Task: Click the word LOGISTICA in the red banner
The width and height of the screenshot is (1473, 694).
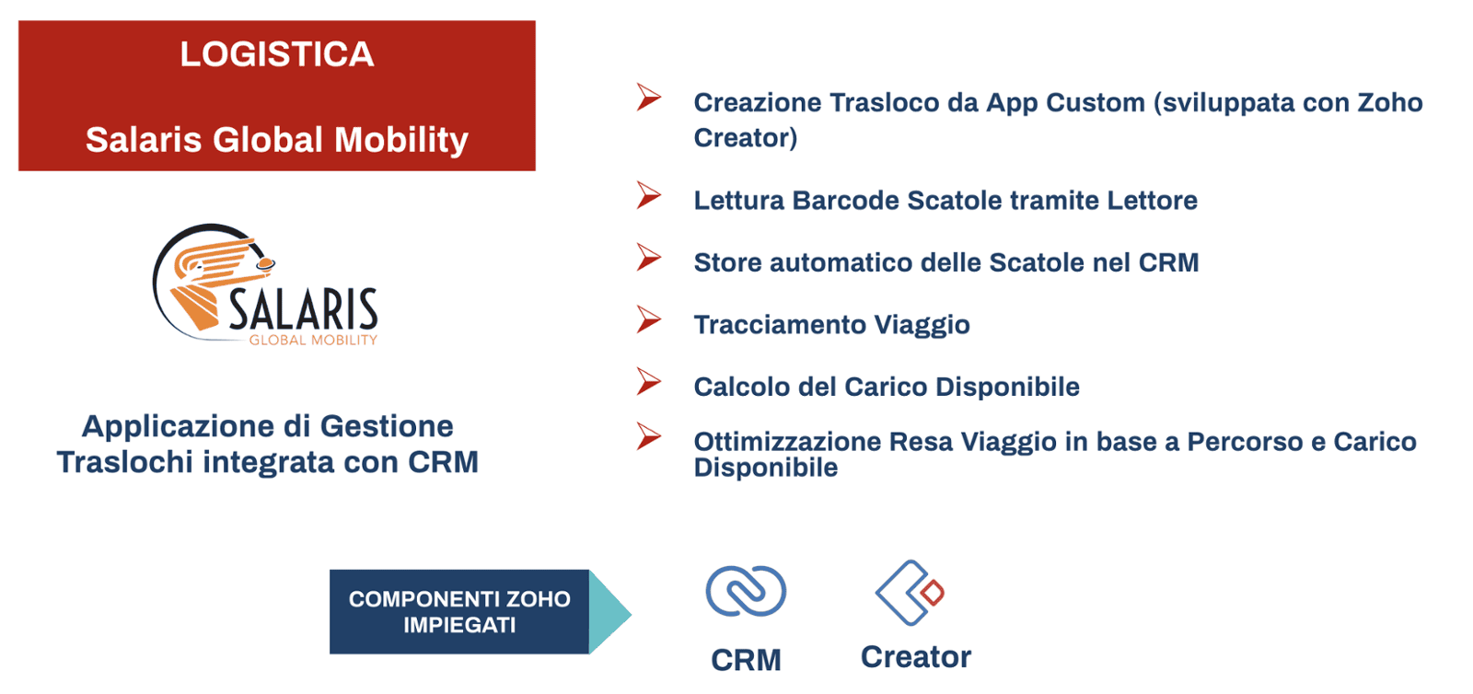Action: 277,54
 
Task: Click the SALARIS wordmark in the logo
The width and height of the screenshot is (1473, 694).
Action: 303,309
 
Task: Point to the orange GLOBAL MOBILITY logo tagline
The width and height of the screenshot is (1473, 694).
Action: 313,340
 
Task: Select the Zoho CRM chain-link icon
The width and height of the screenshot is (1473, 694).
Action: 746,592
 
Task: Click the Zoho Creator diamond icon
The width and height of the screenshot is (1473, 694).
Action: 910,592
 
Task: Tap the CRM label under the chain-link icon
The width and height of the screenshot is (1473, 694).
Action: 746,660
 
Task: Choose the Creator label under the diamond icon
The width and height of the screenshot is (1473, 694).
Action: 916,657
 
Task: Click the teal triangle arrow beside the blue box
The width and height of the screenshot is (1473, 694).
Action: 609,612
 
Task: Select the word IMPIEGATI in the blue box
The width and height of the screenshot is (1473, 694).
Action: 459,625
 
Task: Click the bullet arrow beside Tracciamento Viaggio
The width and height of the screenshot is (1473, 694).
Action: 649,320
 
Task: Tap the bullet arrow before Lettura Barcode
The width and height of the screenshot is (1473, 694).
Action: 649,196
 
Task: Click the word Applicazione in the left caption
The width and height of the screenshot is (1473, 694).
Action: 195,427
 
